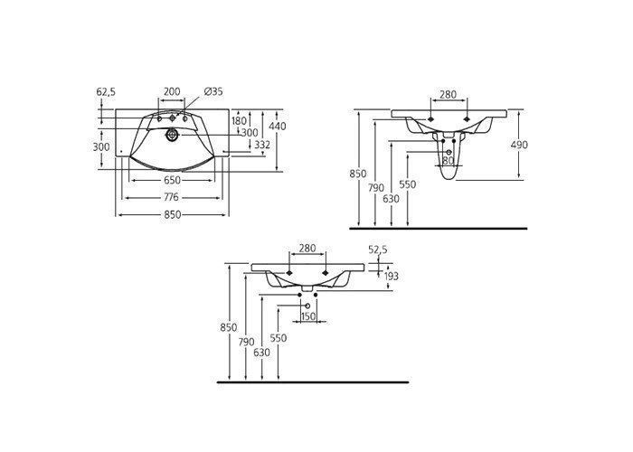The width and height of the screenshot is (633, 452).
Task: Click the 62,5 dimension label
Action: point(106,92)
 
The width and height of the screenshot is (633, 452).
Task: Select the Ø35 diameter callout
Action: point(213,91)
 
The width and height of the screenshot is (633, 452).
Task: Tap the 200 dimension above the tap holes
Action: point(173,91)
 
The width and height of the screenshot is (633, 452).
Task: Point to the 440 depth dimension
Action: point(278,127)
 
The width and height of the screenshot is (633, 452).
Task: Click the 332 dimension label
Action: point(262,145)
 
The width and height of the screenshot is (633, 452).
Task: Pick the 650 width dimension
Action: point(173,181)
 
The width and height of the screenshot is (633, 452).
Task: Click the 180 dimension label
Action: point(239,120)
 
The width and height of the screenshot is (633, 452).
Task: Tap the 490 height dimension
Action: point(519,145)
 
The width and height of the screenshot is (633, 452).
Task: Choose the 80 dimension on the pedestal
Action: point(449,161)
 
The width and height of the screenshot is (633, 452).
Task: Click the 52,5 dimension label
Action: point(378,250)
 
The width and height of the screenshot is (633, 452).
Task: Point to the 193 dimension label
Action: point(391,276)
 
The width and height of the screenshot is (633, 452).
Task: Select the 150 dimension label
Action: point(308,316)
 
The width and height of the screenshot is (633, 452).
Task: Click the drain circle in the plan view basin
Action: point(173,135)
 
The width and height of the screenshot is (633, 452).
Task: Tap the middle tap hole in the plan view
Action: point(173,118)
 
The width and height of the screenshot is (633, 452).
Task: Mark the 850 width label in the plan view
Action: point(173,215)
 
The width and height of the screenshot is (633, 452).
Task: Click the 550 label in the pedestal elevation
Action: point(407,184)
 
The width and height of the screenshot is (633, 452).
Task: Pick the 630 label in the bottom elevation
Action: point(261,353)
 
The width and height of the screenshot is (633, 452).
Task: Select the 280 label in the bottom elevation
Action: point(307,249)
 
